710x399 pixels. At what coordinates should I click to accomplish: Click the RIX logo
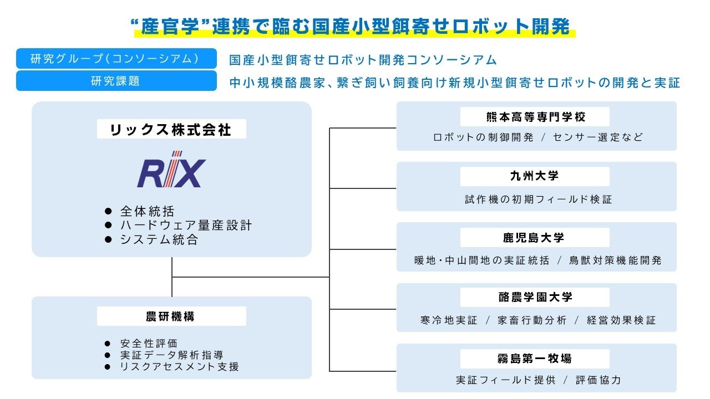coord(171,170)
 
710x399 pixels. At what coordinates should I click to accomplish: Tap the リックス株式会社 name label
coord(171,129)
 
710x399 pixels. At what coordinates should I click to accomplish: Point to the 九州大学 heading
coord(535,176)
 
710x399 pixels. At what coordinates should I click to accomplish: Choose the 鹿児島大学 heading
coord(535,238)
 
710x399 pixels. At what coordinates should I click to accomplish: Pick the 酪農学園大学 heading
coord(535,298)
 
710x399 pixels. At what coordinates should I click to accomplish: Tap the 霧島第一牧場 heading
coord(535,359)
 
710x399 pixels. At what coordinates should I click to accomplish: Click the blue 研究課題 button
coord(116,81)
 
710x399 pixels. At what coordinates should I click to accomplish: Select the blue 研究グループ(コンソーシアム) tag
coord(116,59)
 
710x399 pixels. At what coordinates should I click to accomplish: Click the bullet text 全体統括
coord(148,211)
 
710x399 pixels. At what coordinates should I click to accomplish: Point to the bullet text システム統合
coord(159,239)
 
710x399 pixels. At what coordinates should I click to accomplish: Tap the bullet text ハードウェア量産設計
coord(186,225)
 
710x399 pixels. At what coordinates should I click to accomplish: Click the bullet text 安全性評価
coord(149,343)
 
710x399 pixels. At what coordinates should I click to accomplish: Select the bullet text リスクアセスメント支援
coord(179,366)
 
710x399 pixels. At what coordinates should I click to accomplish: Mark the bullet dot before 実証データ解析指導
coord(108,355)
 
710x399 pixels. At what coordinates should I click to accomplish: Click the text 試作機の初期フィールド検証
coord(539,199)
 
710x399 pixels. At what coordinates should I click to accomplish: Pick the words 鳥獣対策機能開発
coord(615,260)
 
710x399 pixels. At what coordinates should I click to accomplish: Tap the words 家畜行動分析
coord(532,320)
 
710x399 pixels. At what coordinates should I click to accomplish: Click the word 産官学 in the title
coord(170,26)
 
